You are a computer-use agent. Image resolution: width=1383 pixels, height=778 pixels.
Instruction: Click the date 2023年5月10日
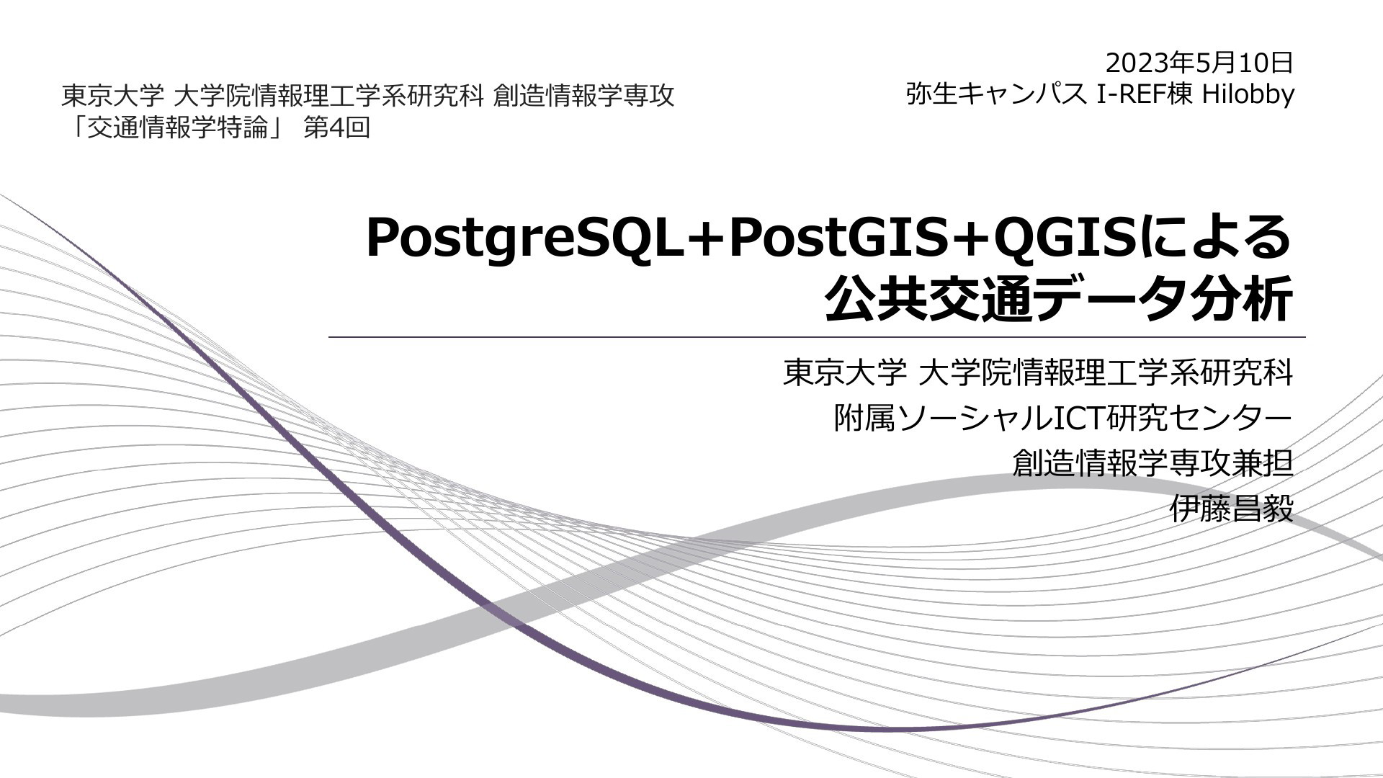coord(1199,63)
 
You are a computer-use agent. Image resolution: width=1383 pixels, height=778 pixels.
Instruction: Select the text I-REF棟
coord(1145,94)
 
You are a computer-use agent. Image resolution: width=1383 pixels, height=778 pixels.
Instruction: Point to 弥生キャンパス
coord(996,94)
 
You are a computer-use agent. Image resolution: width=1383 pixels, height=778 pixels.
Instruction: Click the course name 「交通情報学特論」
coord(176,128)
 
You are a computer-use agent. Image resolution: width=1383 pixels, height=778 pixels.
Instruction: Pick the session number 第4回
coord(337,128)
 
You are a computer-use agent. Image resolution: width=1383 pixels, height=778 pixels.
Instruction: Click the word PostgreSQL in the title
coord(524,239)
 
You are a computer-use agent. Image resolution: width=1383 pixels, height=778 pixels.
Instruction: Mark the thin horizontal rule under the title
coord(817,337)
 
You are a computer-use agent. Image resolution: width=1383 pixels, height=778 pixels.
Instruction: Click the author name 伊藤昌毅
coord(1232,509)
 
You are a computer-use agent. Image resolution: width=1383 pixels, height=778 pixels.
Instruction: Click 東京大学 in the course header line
coord(112,95)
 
